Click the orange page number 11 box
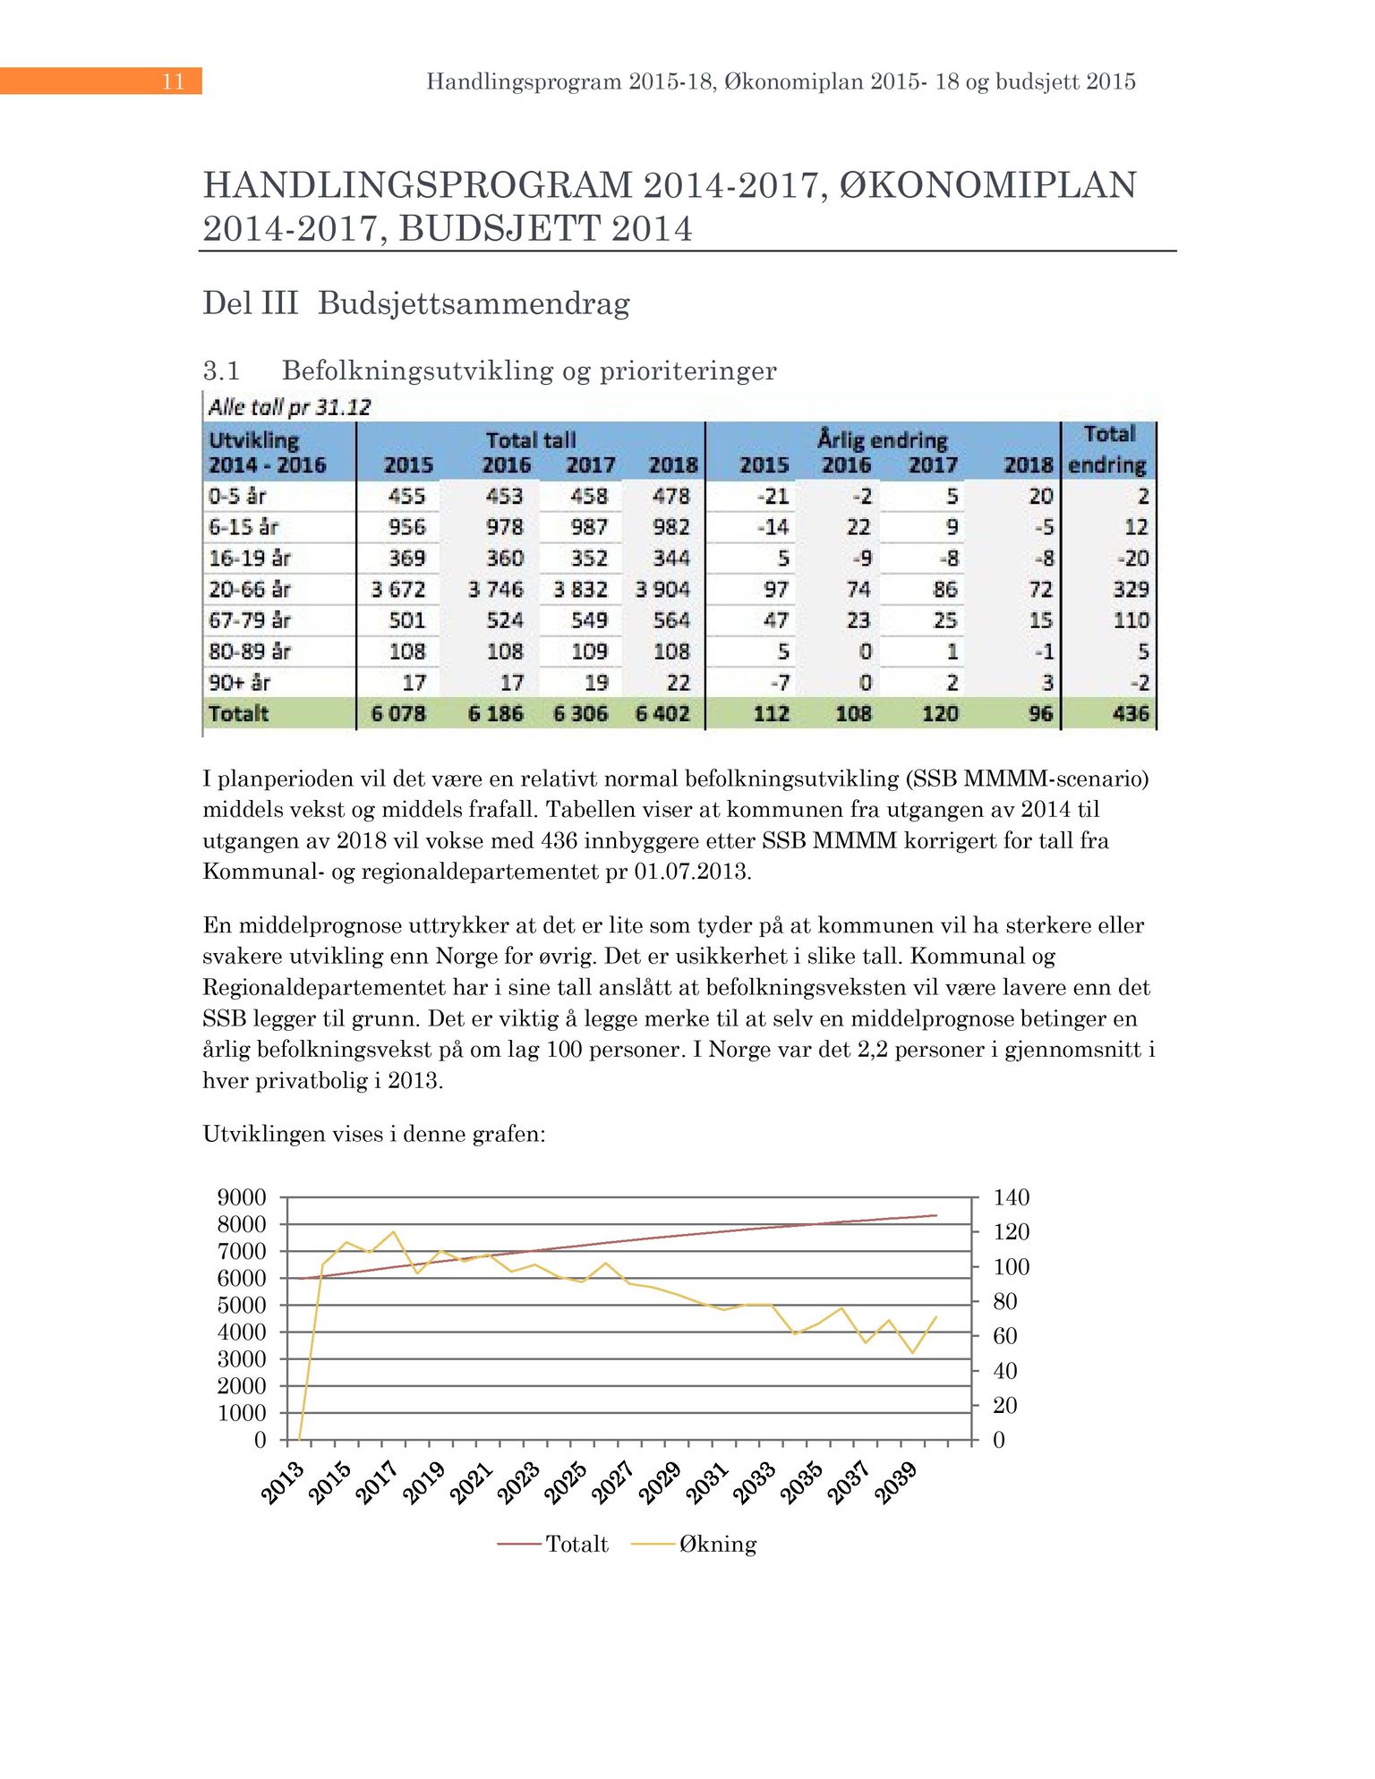click(x=101, y=81)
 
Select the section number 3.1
click(x=221, y=370)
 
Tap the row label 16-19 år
click(x=250, y=558)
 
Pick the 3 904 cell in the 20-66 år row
click(x=662, y=590)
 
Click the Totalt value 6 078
click(x=398, y=714)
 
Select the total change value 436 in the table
click(x=1131, y=714)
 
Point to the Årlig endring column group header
click(x=882, y=440)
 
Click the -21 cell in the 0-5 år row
click(x=773, y=497)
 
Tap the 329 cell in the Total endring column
click(x=1131, y=590)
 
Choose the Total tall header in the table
click(x=531, y=440)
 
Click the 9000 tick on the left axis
click(x=242, y=1197)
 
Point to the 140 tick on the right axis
click(x=1012, y=1197)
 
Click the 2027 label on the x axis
click(x=613, y=1482)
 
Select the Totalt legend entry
click(x=576, y=1544)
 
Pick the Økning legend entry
click(x=717, y=1544)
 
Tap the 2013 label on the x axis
click(x=283, y=1482)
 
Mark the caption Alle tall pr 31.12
click(x=289, y=408)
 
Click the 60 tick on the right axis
click(x=1005, y=1336)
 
